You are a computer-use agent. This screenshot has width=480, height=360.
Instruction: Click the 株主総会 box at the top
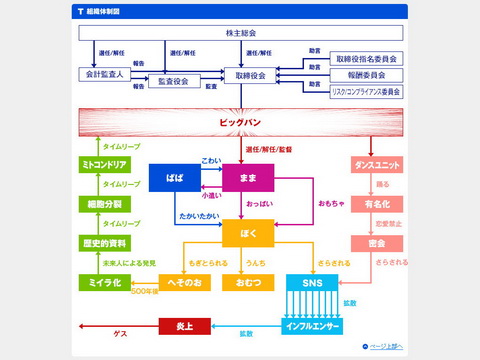click(x=241, y=33)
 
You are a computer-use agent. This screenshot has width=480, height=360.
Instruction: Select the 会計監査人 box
click(x=104, y=74)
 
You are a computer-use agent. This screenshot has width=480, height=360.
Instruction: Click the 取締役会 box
click(x=249, y=75)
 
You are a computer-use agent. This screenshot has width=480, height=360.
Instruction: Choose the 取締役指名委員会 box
click(x=366, y=59)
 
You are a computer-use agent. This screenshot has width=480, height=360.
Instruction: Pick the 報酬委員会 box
click(x=366, y=74)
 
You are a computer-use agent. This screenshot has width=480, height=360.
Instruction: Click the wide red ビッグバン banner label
click(x=241, y=123)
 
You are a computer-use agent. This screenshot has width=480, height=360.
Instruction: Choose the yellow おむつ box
click(x=241, y=283)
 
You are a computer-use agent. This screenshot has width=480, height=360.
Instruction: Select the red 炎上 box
click(x=185, y=326)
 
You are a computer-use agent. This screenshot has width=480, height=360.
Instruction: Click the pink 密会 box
click(x=377, y=243)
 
